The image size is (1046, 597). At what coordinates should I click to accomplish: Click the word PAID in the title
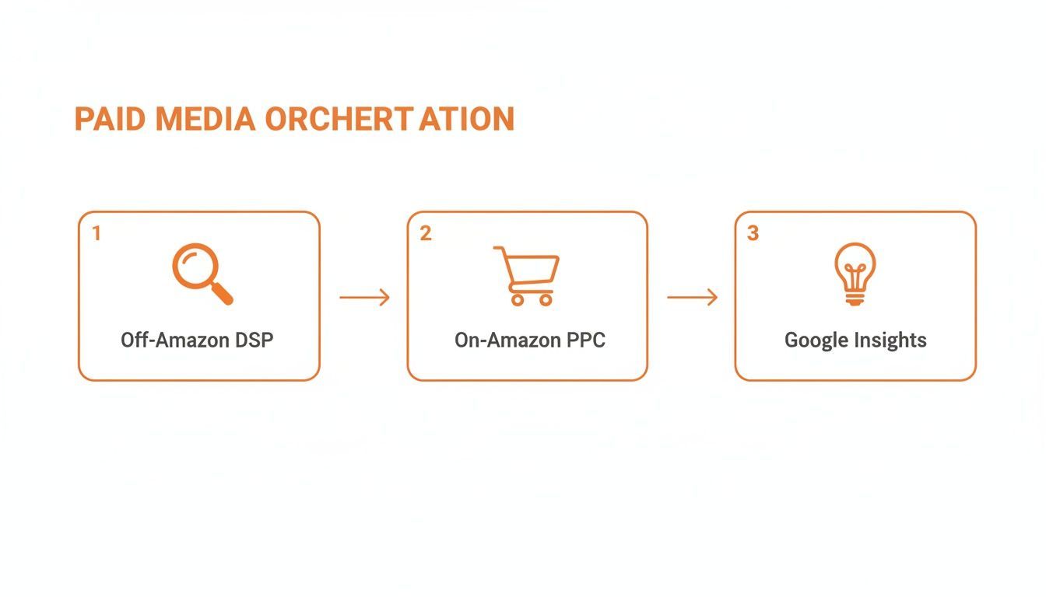(111, 120)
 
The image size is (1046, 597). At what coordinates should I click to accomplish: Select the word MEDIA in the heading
(205, 120)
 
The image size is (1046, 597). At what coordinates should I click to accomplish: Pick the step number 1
(97, 233)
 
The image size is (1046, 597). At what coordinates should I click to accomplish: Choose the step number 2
(425, 233)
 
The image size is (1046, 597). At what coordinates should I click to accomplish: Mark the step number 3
(753, 233)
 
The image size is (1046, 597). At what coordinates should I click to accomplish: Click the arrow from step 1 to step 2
(364, 297)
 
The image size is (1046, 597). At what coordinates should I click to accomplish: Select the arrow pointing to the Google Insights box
(692, 297)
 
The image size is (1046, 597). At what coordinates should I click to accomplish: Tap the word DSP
(253, 340)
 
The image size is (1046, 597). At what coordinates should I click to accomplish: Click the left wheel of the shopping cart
(517, 299)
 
